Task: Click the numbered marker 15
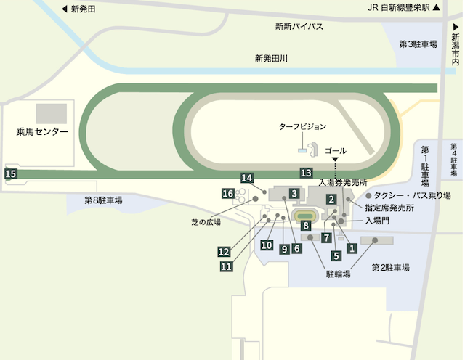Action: click(x=10, y=174)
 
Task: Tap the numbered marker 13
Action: click(x=306, y=173)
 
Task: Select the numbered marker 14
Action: click(x=247, y=179)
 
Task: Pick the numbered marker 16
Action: click(x=228, y=194)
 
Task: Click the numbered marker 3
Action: click(x=294, y=193)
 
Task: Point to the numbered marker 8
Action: click(x=306, y=226)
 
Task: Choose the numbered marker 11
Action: click(x=226, y=266)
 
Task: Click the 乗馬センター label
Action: click(x=41, y=132)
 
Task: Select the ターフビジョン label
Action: click(x=303, y=126)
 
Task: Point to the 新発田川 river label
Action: click(x=271, y=58)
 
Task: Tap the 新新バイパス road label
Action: click(x=299, y=26)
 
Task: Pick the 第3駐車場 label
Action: click(x=418, y=44)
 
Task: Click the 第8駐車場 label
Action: click(x=103, y=200)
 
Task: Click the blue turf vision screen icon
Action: click(x=302, y=150)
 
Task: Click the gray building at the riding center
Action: click(x=52, y=113)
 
